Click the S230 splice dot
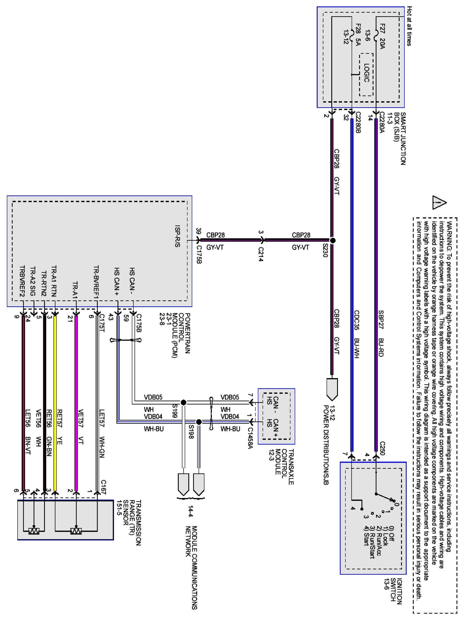pos(332,240)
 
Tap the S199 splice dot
pos(183,403)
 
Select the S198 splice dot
pos(199,422)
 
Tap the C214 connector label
pos(261,254)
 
